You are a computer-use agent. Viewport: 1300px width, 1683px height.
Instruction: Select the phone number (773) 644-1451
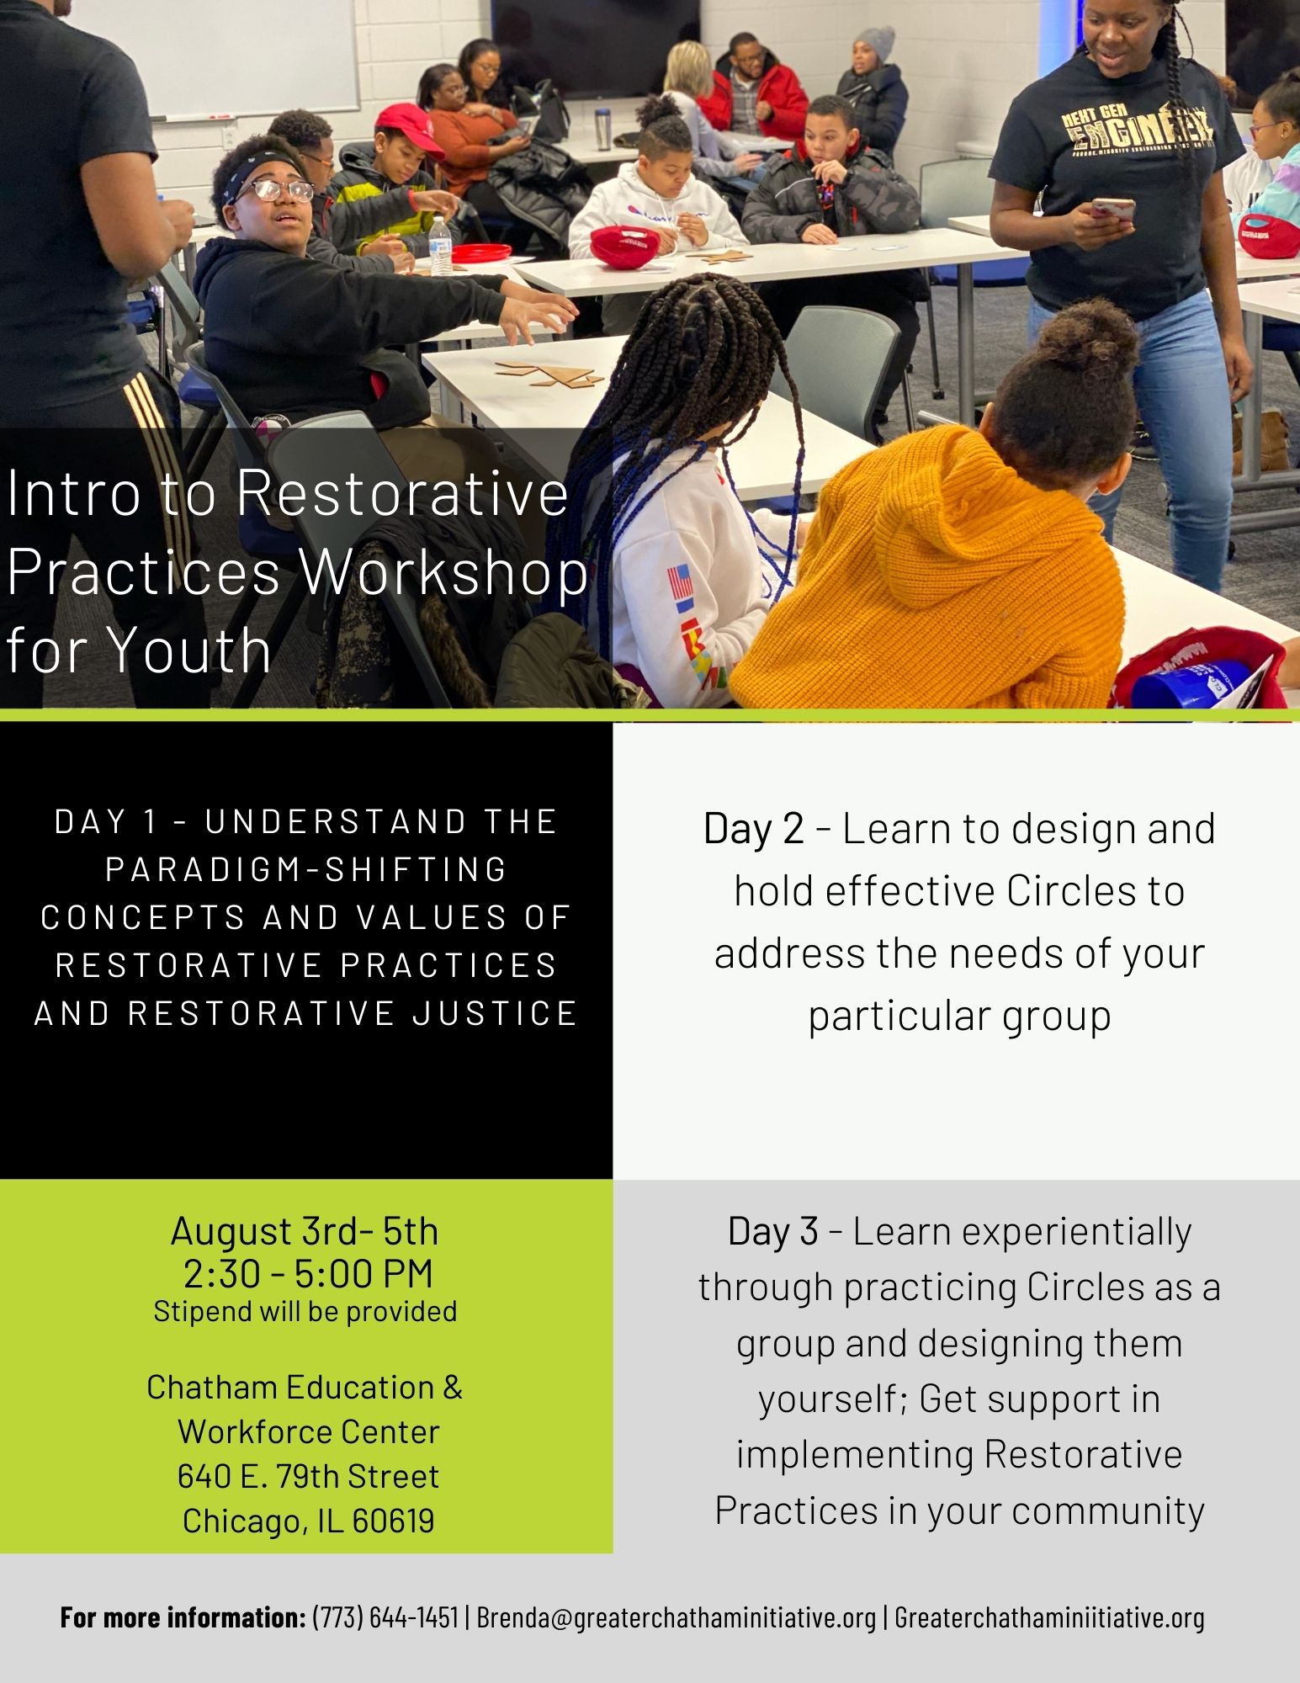tap(385, 1617)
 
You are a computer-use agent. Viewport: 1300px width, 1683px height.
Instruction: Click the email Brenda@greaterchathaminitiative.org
tap(677, 1617)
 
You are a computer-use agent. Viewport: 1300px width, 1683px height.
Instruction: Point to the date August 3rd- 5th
tap(305, 1231)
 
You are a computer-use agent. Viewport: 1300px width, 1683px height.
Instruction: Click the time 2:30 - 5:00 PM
tap(308, 1273)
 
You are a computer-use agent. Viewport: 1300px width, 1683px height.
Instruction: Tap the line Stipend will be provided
tap(305, 1311)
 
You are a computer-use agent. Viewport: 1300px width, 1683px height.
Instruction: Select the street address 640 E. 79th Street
tap(308, 1476)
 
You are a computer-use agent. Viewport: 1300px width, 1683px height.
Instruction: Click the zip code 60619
tap(394, 1521)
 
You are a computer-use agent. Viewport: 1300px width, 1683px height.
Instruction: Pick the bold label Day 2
tap(754, 829)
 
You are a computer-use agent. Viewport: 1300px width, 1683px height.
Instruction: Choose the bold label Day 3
tap(773, 1231)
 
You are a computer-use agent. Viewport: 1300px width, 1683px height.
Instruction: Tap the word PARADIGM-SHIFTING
tap(306, 869)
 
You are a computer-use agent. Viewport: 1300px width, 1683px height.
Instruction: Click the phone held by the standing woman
tap(1114, 209)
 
